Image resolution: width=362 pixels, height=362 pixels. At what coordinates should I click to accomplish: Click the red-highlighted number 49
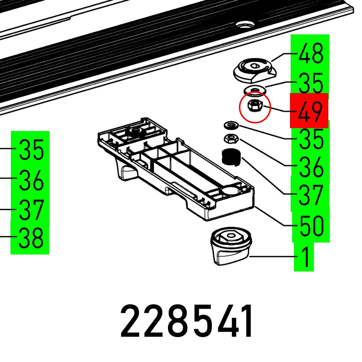310,111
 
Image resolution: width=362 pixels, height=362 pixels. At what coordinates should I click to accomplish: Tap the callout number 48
311,54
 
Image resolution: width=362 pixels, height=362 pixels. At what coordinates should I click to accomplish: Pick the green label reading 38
31,238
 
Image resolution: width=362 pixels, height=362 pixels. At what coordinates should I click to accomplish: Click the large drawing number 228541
187,321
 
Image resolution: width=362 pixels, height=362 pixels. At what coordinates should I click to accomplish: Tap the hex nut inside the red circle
254,106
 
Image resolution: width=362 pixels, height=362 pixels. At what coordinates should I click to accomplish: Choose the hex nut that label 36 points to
230,138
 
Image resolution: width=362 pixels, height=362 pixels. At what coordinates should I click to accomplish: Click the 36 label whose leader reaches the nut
311,167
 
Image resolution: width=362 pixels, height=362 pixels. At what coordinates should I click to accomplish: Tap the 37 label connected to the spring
311,195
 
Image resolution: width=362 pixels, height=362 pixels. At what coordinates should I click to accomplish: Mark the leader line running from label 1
271,257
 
